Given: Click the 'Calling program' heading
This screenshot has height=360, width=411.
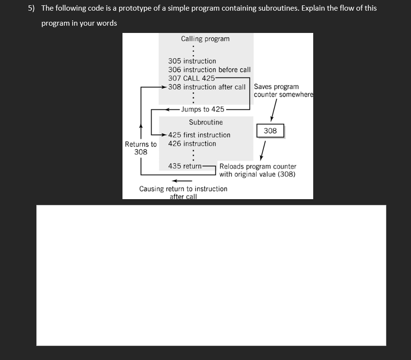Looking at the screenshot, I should click(x=205, y=39).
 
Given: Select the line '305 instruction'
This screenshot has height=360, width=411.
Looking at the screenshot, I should click(x=192, y=61).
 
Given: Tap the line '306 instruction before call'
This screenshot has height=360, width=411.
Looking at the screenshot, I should click(x=209, y=70).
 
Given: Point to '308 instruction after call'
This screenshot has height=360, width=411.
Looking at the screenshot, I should click(x=207, y=87).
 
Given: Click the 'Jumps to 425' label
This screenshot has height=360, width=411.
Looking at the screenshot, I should click(x=202, y=110).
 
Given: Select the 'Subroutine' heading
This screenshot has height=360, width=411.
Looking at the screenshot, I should click(x=206, y=123).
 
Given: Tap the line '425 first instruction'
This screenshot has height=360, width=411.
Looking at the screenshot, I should click(x=199, y=135).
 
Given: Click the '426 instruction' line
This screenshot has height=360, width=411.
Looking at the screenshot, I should click(x=192, y=143).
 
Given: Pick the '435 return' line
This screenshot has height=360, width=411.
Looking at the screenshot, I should click(x=185, y=166).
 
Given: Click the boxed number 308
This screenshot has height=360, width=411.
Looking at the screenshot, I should click(x=270, y=131).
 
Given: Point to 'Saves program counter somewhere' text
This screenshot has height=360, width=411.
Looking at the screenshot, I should click(x=283, y=91).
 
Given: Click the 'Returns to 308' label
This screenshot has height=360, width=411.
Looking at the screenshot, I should click(x=141, y=148).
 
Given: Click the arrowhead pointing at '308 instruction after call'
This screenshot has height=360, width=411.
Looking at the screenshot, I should click(x=165, y=87).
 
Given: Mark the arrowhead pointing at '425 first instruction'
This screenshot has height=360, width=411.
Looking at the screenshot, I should click(x=165, y=135).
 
